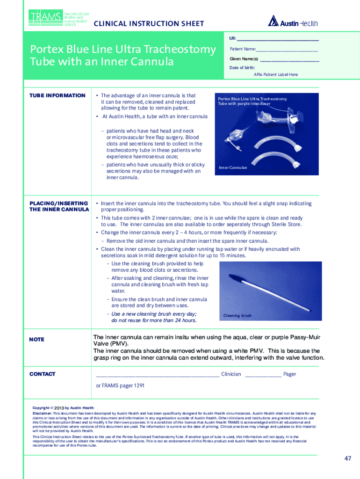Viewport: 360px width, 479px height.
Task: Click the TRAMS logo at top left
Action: (45, 17)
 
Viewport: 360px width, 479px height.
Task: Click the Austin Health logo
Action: (293, 22)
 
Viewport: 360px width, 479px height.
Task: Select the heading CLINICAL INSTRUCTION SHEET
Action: (149, 23)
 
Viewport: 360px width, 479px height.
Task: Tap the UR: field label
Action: (233, 38)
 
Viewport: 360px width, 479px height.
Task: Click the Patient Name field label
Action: (243, 49)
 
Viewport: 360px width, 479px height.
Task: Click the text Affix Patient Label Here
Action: (275, 74)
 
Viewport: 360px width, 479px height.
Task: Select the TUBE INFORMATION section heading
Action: (58, 95)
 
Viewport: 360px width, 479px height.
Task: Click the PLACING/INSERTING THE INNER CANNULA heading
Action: (59, 206)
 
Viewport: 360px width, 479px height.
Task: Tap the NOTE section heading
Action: (37, 339)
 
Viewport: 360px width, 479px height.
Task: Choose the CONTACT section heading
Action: (43, 374)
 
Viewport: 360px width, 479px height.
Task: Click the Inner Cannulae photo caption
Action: (233, 168)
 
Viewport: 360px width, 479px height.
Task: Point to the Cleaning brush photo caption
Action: (237, 316)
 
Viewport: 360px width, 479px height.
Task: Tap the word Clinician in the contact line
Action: (231, 374)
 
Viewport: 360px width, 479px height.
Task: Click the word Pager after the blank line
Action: (289, 374)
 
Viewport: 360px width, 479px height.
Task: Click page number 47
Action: (347, 458)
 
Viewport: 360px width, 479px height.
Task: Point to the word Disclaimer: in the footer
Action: (42, 414)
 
